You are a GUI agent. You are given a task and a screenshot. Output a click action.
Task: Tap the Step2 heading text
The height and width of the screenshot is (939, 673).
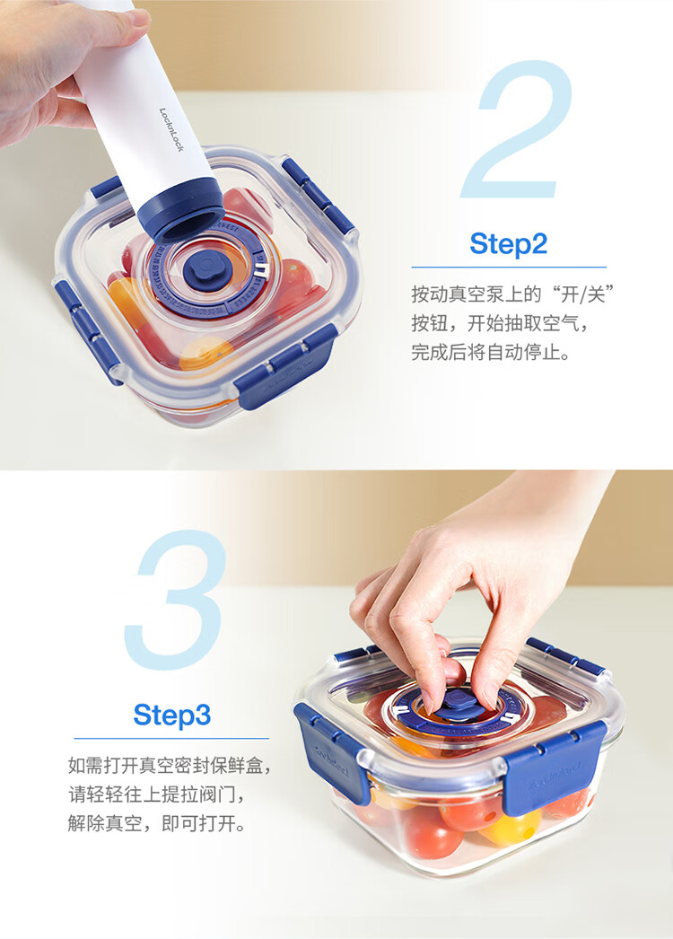coord(509,244)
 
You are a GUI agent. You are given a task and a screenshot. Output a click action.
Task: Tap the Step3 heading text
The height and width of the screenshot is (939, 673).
coord(172,715)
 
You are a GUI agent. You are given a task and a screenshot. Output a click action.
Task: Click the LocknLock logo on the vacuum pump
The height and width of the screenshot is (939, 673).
coord(172,129)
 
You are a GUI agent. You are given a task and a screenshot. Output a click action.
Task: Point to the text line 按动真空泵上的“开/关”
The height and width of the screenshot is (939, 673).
coord(514,294)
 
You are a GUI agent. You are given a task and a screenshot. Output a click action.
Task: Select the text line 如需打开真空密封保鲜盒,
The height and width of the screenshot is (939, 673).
coord(170,766)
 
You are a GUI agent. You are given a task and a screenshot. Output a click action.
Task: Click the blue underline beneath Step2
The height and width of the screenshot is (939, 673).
coord(509,268)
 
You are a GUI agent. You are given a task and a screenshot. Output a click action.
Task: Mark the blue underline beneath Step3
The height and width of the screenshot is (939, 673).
coord(171,739)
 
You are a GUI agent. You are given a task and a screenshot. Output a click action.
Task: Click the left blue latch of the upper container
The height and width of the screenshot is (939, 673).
coord(88,331)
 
